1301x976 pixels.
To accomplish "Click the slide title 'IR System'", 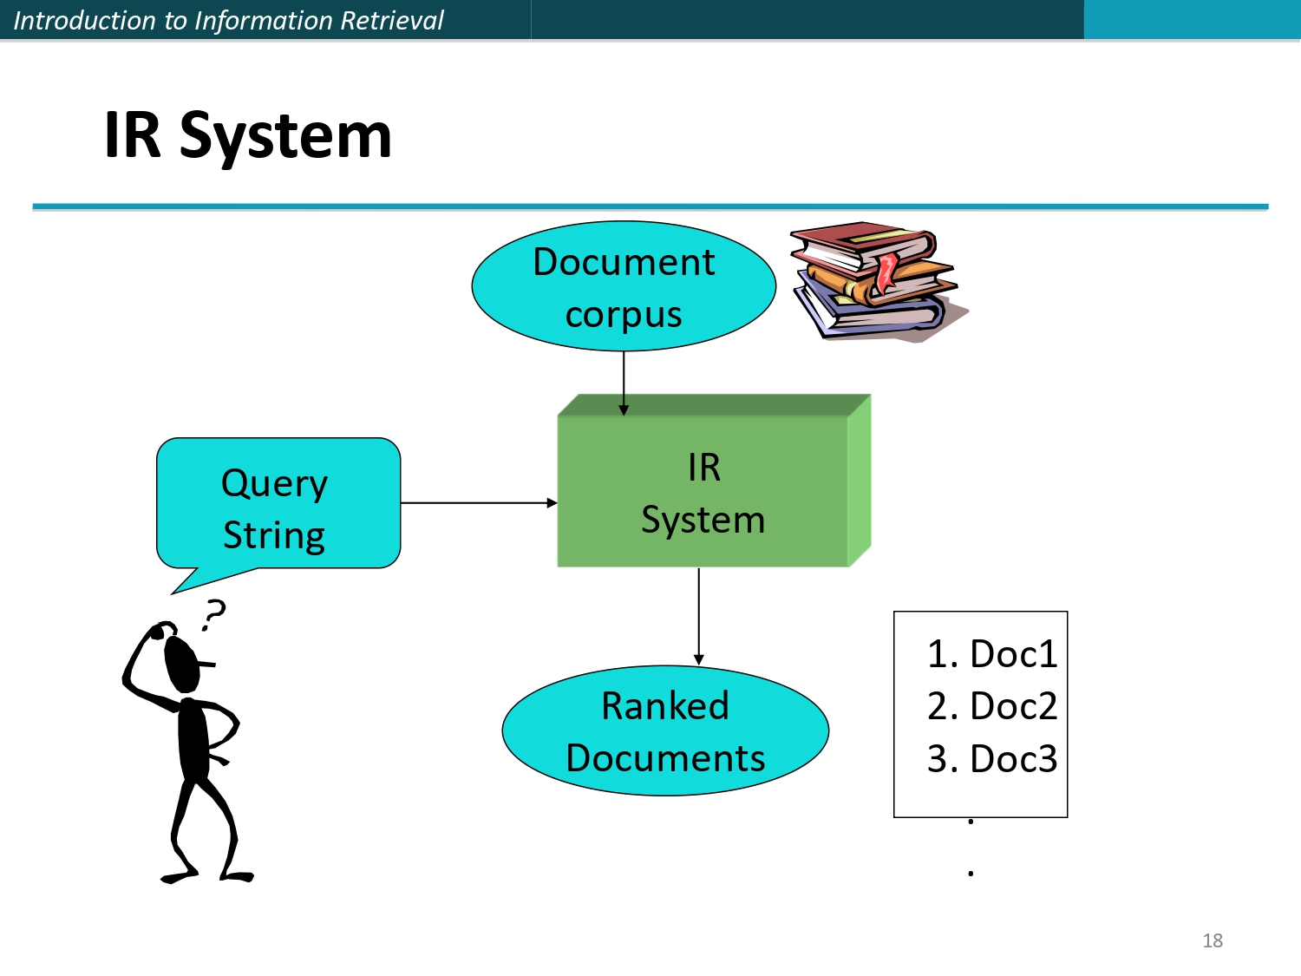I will (247, 136).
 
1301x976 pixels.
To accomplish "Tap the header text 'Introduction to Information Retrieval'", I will (228, 20).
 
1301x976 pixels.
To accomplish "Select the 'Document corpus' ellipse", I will (624, 286).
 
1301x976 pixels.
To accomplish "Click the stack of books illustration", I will (876, 282).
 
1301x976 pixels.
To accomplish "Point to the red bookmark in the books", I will (886, 272).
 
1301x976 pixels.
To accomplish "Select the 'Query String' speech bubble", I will (278, 503).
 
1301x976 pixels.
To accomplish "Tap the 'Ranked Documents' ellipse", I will (665, 730).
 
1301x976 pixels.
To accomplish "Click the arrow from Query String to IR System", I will (477, 502).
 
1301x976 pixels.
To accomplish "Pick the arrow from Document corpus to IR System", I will (624, 382).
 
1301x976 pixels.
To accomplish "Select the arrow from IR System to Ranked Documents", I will (699, 616).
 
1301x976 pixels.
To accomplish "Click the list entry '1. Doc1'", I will (991, 654).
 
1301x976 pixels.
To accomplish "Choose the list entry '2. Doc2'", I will (991, 706).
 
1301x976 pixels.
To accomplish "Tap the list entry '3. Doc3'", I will (991, 759).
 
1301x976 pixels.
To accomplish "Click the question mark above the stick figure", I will (212, 614).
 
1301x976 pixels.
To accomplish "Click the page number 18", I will (1212, 940).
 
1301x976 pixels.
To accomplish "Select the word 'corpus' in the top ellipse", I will (624, 315).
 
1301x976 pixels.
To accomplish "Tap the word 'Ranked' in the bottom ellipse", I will (665, 705).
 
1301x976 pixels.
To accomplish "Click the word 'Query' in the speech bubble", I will (274, 483).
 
